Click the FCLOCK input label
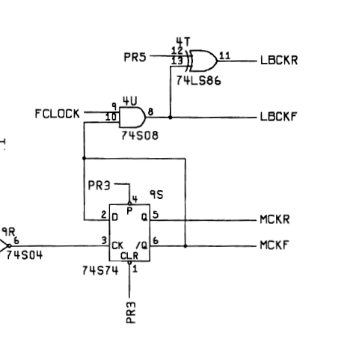click(57, 114)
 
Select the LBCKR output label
click(279, 61)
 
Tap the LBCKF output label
click(278, 117)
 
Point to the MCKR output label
click(274, 219)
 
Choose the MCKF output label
click(274, 245)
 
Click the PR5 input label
click(135, 57)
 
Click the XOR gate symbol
click(202, 61)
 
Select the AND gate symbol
click(132, 118)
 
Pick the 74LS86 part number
click(198, 81)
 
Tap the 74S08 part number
click(140, 135)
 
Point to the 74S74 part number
click(100, 270)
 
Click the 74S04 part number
click(24, 255)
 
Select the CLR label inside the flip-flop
click(129, 256)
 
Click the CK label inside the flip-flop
click(117, 245)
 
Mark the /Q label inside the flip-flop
click(142, 245)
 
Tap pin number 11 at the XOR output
click(224, 55)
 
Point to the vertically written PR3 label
click(131, 313)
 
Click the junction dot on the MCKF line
click(185, 246)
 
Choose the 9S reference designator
click(156, 195)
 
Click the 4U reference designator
click(130, 101)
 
